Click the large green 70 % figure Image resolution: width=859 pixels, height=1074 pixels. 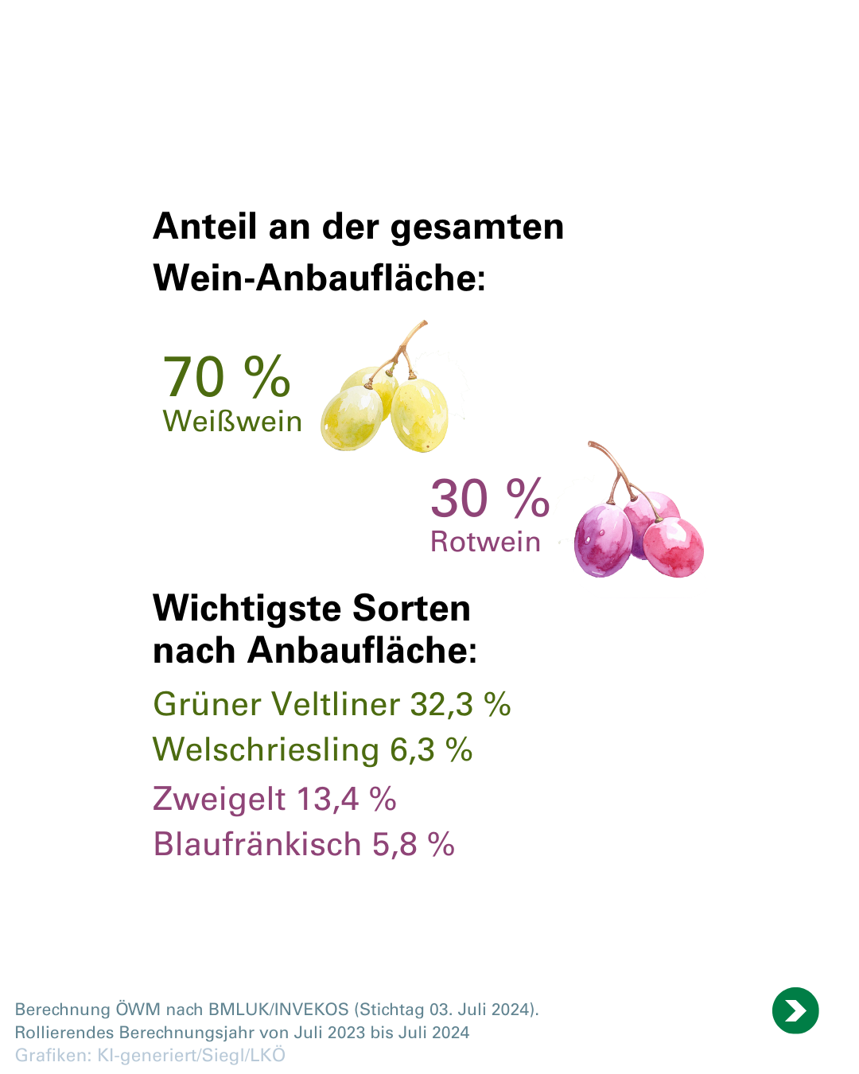pyautogui.click(x=227, y=376)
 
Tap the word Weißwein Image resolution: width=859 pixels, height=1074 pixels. pyautogui.click(x=232, y=421)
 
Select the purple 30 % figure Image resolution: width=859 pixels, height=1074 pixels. pyautogui.click(x=490, y=499)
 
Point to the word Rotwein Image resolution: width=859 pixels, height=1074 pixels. pyautogui.click(x=485, y=542)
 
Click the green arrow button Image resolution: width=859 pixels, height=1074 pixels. pyautogui.click(x=795, y=1010)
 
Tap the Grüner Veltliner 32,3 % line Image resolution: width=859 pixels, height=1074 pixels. pyautogui.click(x=332, y=704)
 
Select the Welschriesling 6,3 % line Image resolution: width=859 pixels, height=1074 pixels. pyautogui.click(x=313, y=749)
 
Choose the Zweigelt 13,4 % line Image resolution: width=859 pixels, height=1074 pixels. pyautogui.click(x=274, y=799)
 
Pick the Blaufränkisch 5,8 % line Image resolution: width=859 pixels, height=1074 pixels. pyautogui.click(x=304, y=844)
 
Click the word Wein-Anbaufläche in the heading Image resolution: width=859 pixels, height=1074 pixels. pyautogui.click(x=318, y=278)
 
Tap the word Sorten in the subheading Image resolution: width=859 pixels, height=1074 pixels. pyautogui.click(x=411, y=609)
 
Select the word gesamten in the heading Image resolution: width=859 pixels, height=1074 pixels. pyautogui.click(x=477, y=227)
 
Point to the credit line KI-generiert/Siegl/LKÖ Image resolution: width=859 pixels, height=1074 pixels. pyautogui.click(x=191, y=1055)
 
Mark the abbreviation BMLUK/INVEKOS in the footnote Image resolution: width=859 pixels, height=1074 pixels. pyautogui.click(x=278, y=1010)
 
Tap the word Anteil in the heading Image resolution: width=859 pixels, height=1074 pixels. pyautogui.click(x=205, y=227)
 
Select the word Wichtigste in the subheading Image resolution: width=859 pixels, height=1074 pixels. pyautogui.click(x=247, y=609)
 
